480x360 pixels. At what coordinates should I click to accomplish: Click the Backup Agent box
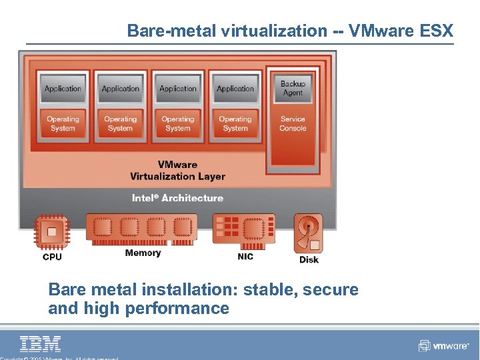293,89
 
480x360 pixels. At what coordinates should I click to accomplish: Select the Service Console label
293,124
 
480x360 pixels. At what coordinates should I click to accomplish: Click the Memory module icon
142,229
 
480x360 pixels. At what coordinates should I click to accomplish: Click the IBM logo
41,343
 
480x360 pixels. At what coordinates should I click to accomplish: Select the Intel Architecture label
177,198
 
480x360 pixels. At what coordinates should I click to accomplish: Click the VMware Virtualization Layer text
177,171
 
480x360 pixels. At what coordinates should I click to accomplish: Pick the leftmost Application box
63,89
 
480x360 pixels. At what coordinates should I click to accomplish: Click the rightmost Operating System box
235,124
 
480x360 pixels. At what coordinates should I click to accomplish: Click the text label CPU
52,257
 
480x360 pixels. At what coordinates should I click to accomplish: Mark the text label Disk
309,259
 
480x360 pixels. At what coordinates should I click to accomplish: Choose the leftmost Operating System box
63,124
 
